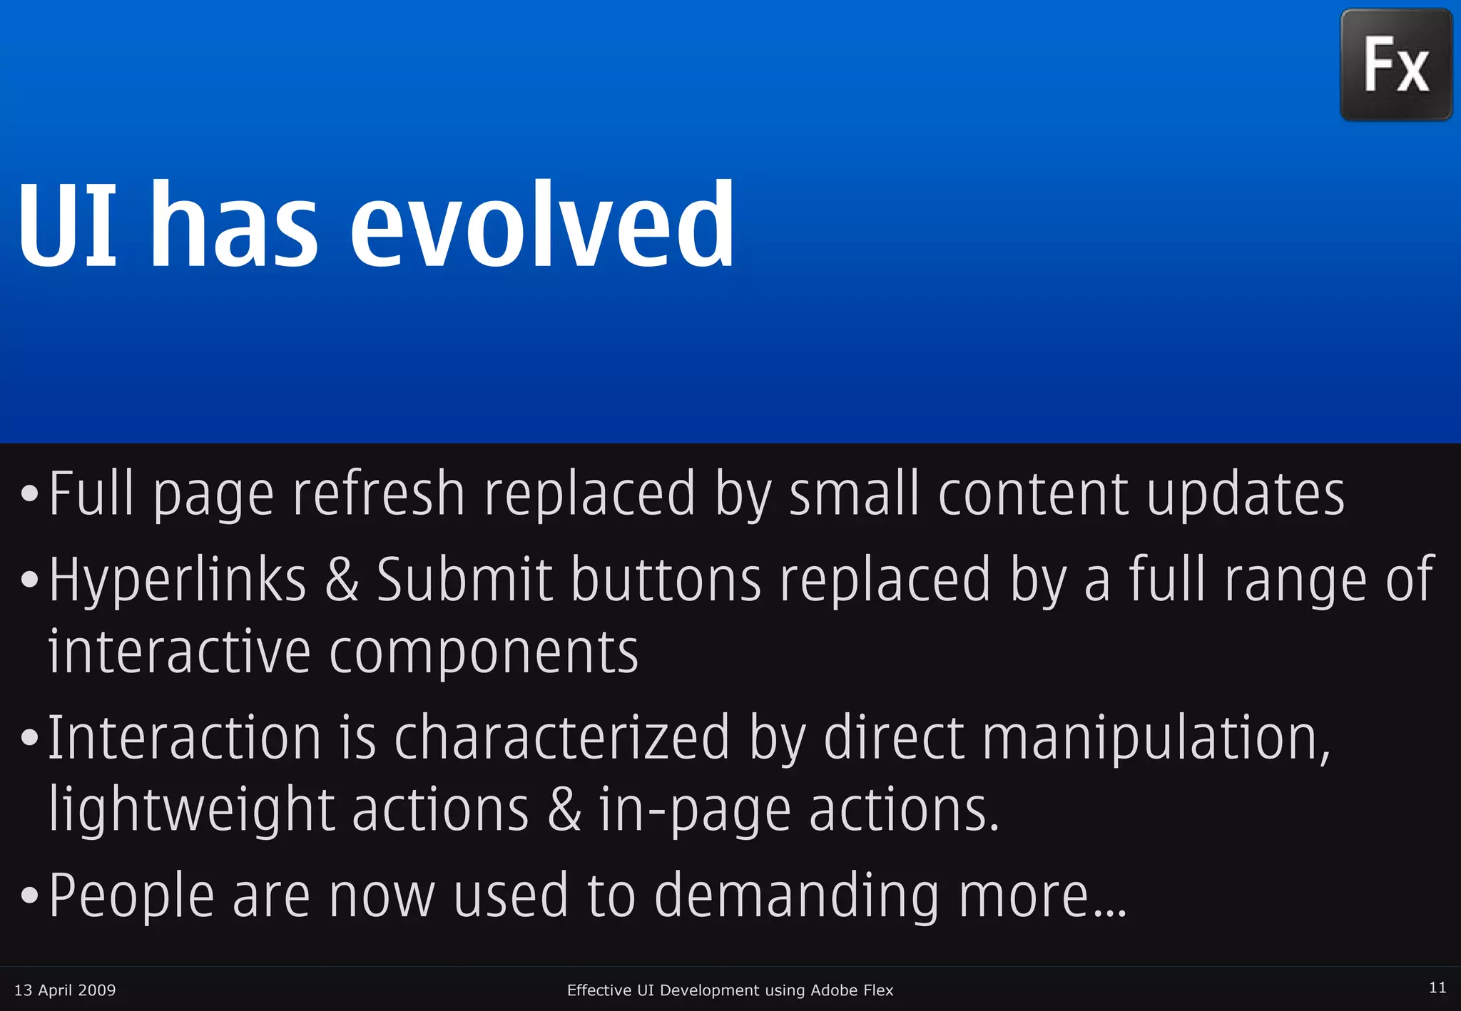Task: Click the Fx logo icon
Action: coord(1396,65)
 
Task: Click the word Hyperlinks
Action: coord(178,580)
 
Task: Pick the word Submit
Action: coord(464,580)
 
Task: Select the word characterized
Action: coord(562,738)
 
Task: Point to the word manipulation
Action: coord(1156,738)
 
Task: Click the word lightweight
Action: coord(191,811)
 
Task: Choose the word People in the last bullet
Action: coord(131,896)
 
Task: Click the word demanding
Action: coord(797,896)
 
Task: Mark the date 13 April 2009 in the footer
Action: coord(65,990)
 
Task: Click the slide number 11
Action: coord(1437,987)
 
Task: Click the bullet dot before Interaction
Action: coord(29,739)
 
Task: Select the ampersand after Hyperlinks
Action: coord(342,580)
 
